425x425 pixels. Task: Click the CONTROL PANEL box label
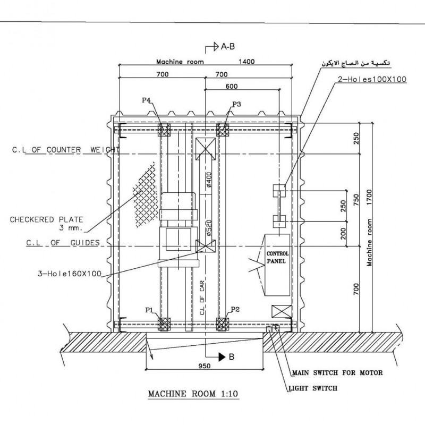pos(277,258)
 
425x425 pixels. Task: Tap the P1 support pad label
pos(149,310)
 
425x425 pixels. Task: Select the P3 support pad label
pos(236,104)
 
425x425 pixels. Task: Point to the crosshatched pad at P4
pos(164,130)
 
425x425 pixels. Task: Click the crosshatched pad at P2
pos(223,324)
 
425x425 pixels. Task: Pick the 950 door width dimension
pos(205,366)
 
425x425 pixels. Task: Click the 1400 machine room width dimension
pos(246,62)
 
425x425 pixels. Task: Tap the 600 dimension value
pos(232,86)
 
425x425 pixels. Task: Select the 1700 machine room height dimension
pos(369,197)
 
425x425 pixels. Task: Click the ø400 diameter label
pos(209,180)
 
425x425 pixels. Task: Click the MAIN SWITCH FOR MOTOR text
pos(337,373)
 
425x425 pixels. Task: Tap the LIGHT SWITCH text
pos(313,388)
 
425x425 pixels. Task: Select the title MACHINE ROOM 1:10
pos(193,394)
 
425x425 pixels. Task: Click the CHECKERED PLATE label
pos(47,219)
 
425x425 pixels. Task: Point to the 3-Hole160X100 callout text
pos(70,274)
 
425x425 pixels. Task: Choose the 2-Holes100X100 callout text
pos(372,79)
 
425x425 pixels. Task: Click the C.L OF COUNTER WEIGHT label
pos(66,150)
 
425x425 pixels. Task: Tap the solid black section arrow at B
pos(222,357)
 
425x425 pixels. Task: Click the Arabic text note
pos(356,63)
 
